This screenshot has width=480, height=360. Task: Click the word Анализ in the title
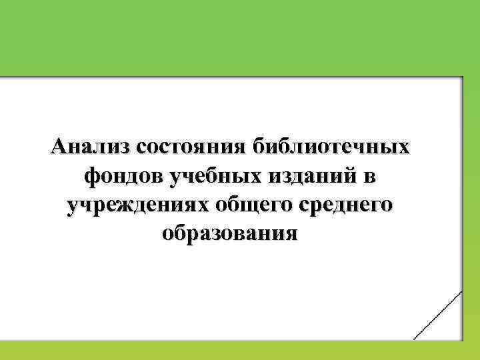pyautogui.click(x=89, y=147)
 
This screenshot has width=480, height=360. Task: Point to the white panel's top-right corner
pyautogui.click(x=461, y=78)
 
